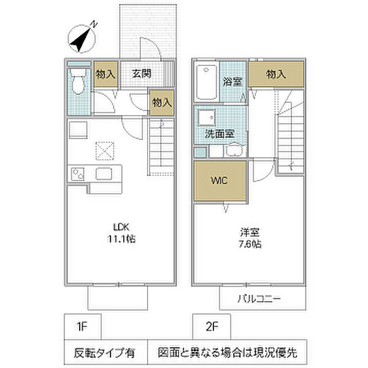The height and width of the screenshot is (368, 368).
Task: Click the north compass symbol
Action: [82, 37]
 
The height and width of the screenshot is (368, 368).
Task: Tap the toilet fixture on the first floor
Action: [78, 82]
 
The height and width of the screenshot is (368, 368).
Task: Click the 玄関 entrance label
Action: [142, 74]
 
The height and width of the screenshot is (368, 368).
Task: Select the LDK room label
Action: [121, 227]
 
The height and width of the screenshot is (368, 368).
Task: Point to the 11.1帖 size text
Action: [121, 239]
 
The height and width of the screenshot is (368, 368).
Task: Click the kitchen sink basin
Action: [104, 174]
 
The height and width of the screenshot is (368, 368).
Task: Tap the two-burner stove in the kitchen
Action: [78, 174]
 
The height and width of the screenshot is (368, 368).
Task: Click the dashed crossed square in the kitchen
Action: [105, 151]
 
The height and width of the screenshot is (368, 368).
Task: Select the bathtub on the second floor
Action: [207, 82]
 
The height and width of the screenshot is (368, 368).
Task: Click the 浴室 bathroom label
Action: [232, 82]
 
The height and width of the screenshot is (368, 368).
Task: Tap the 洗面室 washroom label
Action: [220, 134]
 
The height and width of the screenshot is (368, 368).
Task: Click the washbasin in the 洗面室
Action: [207, 117]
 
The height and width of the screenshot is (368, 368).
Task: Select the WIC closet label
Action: [219, 180]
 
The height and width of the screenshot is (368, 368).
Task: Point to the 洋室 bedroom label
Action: [250, 232]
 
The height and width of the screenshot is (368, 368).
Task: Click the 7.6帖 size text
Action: [250, 244]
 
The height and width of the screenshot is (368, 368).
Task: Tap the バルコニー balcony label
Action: [259, 299]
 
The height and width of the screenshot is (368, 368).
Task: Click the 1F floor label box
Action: [83, 327]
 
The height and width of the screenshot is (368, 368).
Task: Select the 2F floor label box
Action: [212, 327]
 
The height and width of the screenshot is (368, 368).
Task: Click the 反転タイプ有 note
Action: [105, 353]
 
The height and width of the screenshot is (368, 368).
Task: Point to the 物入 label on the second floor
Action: [276, 74]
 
